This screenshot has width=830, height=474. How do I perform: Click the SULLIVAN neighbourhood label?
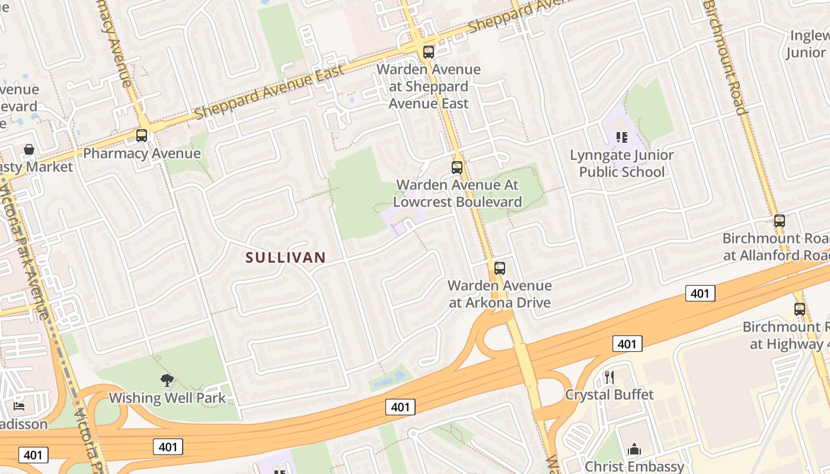pos(286,257)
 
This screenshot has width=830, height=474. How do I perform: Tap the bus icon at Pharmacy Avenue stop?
pos(142,136)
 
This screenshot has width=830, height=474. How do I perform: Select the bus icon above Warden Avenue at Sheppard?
pos(429,52)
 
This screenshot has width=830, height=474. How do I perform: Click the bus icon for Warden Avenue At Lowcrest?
pos(457,167)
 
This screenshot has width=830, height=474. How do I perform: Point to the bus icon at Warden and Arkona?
pos(500,268)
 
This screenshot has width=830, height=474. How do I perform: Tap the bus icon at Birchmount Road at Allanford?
pos(780,221)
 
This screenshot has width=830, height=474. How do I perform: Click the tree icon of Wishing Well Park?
pos(167,380)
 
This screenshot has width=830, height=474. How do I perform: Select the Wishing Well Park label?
pos(167,398)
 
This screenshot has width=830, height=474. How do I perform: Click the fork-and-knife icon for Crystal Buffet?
pos(609,377)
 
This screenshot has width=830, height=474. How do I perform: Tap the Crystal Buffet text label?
pos(609,395)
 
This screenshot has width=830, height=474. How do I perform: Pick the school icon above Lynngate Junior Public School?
pos(621,137)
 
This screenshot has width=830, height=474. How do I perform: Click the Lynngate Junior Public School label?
pos(621,164)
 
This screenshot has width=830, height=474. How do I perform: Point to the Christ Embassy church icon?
pos(634,449)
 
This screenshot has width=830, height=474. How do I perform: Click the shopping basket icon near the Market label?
pos(29,149)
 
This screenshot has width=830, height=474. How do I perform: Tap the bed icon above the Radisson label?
pos(19,406)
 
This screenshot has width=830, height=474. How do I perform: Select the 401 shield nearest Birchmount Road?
pos(700,293)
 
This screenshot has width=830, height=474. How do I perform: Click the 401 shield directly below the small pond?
pos(400,407)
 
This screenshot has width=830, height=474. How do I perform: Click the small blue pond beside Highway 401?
pos(392,377)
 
